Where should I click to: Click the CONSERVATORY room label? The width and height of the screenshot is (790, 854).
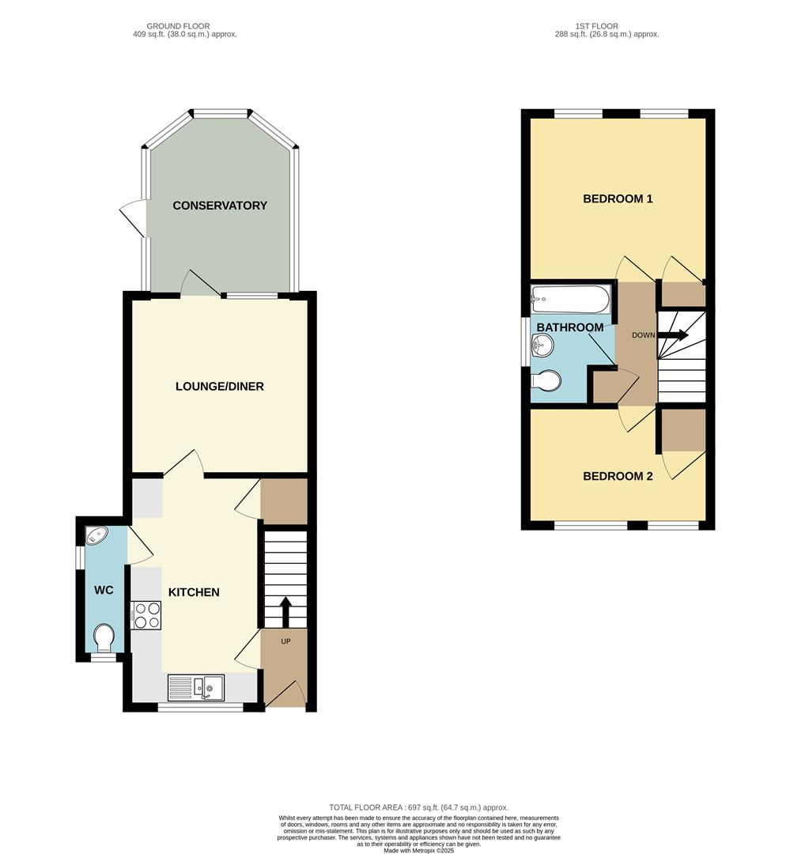[x=220, y=206]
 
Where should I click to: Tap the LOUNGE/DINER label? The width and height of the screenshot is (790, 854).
[x=220, y=387]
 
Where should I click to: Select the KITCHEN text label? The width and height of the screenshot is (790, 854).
[x=193, y=592]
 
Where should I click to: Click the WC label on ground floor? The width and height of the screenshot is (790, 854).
[x=104, y=591]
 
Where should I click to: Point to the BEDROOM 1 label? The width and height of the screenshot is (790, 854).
[x=617, y=198]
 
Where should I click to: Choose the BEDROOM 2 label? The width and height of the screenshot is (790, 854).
[x=617, y=476]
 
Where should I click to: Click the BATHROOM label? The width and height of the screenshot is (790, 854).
[x=569, y=327]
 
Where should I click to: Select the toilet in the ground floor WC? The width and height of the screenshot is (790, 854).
[x=104, y=637]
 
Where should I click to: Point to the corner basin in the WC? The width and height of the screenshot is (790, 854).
[x=97, y=536]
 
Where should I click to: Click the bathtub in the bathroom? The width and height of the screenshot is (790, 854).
[x=570, y=300]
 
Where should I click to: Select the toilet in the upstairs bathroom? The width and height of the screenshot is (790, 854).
[x=545, y=382]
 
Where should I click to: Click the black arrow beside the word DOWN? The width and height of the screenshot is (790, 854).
[x=672, y=335]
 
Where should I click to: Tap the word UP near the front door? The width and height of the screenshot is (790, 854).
[x=285, y=640]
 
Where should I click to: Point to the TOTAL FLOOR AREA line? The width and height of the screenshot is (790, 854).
[x=418, y=807]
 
